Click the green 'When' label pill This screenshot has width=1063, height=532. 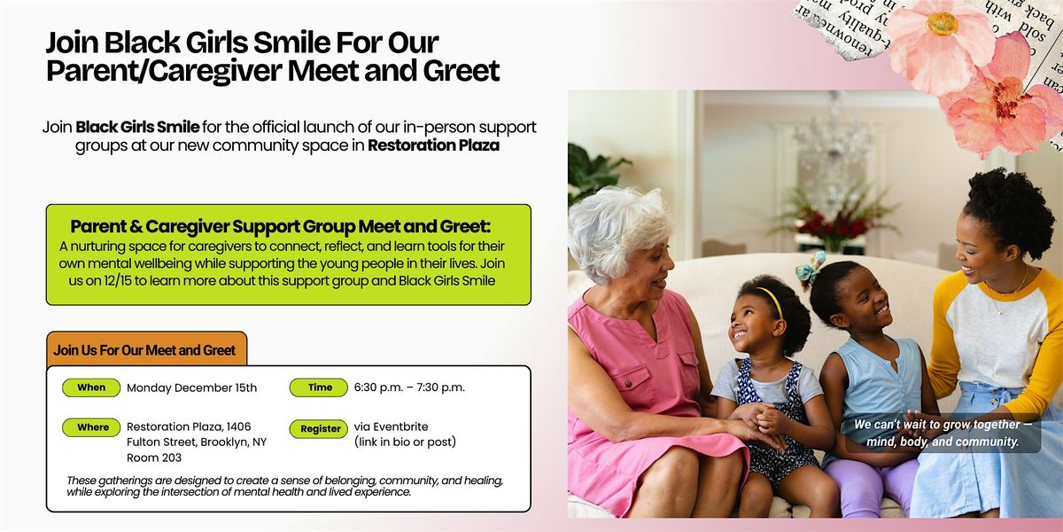coord(91,387)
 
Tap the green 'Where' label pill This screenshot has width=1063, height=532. coord(92,427)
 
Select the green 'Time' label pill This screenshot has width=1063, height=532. coord(320,387)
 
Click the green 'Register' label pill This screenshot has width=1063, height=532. coord(320,428)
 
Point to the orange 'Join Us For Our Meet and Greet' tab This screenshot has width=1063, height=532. coord(145,350)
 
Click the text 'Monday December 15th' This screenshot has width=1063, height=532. coord(191,387)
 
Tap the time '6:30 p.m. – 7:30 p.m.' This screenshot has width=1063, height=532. coord(408,387)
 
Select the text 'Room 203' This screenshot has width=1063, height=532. coord(153,458)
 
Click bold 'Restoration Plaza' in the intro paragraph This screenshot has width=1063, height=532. coord(434,145)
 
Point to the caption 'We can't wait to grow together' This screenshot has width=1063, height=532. coord(943,425)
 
